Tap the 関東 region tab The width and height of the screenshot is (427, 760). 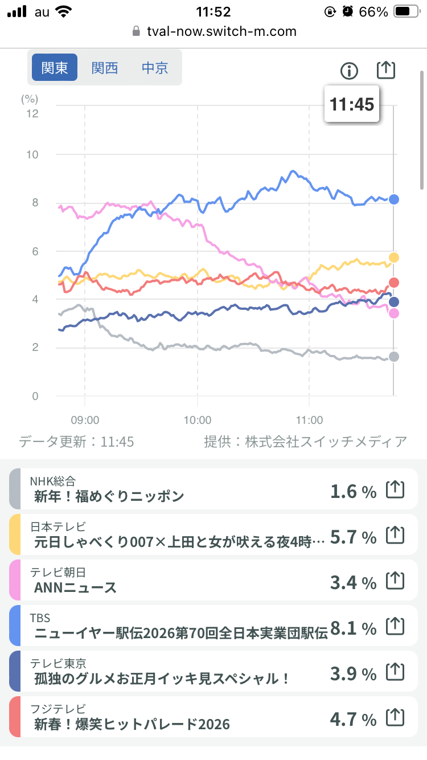click(x=55, y=68)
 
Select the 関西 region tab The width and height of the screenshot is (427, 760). click(x=105, y=68)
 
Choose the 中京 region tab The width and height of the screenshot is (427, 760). click(x=155, y=68)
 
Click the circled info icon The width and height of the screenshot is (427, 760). click(x=349, y=71)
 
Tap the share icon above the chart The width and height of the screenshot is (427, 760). click(x=386, y=70)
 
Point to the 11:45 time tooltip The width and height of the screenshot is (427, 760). click(x=352, y=104)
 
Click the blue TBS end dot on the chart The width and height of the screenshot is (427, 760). click(x=393, y=199)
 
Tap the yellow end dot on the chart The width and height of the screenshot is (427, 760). click(x=393, y=258)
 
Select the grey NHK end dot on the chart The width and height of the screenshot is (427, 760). click(x=393, y=357)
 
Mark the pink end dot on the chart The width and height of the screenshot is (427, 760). click(x=393, y=313)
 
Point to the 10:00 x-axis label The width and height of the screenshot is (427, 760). click(x=198, y=420)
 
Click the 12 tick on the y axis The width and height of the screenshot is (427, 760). click(x=32, y=113)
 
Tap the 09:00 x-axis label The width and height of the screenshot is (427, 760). click(x=85, y=420)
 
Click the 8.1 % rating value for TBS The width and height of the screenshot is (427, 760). click(x=353, y=628)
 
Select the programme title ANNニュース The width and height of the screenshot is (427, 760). click(x=76, y=587)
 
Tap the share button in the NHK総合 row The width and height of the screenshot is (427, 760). click(x=395, y=489)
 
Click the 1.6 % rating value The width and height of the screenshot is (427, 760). click(x=353, y=491)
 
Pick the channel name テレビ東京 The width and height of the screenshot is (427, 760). click(x=58, y=663)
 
